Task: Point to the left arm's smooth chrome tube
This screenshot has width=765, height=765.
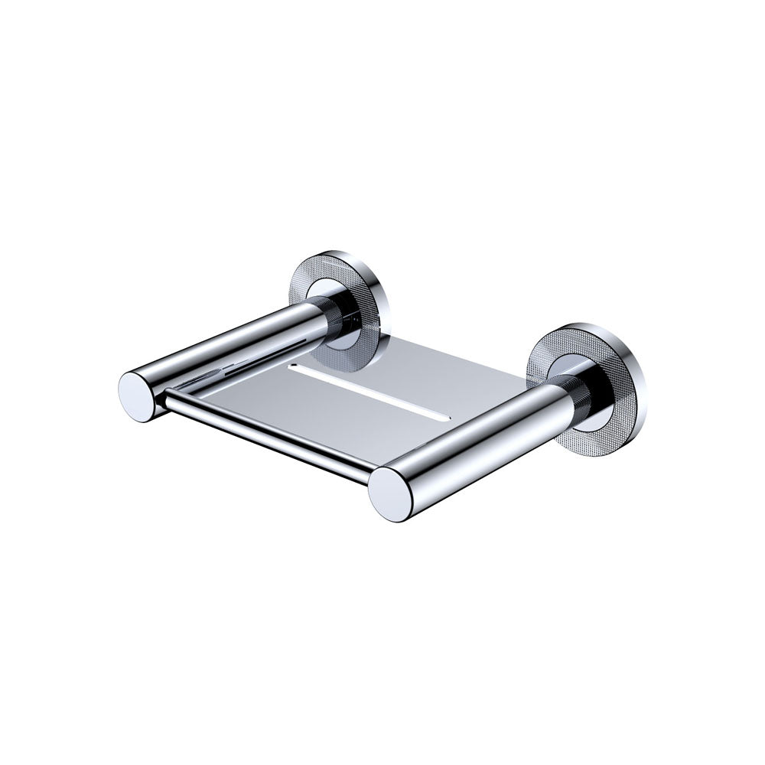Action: [229, 344]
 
